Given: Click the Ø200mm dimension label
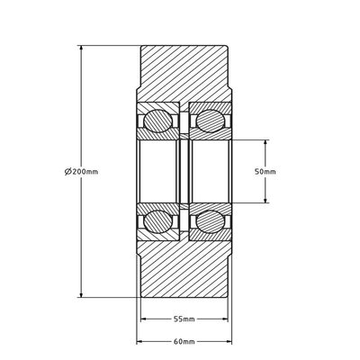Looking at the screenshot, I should pos(82,171).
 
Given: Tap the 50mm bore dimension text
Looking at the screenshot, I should pos(265,171).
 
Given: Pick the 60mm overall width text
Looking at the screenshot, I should pos(184,342).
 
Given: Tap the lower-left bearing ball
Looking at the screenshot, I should pos(159,220).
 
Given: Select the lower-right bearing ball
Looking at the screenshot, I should pos(210,220).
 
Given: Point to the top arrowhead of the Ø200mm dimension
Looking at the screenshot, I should pos(82,48).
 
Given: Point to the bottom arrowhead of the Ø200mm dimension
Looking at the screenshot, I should pos(82,294).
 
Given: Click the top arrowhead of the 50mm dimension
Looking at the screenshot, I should pos(266,141).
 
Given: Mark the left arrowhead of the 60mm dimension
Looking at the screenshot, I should pos(139,342).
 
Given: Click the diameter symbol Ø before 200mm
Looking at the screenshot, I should pos(68,171).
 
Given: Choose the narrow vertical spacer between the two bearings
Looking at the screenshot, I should pos(184,171).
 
